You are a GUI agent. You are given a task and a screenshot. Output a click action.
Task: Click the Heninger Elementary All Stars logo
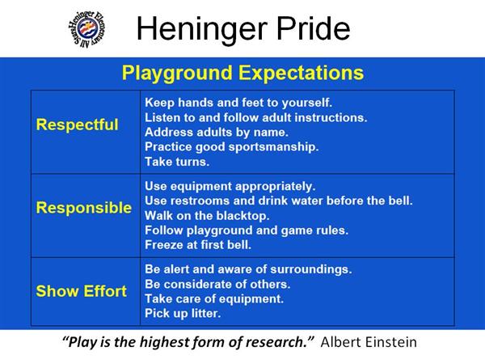pos(87,29)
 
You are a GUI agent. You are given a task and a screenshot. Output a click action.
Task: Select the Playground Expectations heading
pos(242,73)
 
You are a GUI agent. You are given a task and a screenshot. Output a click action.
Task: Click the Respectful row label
pos(77,125)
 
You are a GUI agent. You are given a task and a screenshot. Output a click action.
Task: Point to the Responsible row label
pos(84,207)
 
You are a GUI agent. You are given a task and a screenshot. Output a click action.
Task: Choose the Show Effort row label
pos(82,291)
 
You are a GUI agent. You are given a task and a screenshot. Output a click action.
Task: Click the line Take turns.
pos(177,162)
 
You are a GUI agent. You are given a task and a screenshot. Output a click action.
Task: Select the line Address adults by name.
pos(217,133)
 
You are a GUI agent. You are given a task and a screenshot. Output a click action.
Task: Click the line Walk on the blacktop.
pos(207,215)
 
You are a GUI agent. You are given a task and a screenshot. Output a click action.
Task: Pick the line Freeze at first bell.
pos(198,245)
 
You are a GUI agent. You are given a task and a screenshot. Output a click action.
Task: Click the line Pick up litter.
pos(183,314)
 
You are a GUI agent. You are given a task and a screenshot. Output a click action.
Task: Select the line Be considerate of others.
pos(217,284)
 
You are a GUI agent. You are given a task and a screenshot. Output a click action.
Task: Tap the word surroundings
pos(311,269)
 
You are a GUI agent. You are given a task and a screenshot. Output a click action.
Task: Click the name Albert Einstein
pos(369,342)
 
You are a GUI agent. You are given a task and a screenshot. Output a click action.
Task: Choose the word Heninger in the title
pos(202,29)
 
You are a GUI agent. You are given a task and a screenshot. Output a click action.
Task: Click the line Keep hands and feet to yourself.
pos(238,103)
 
